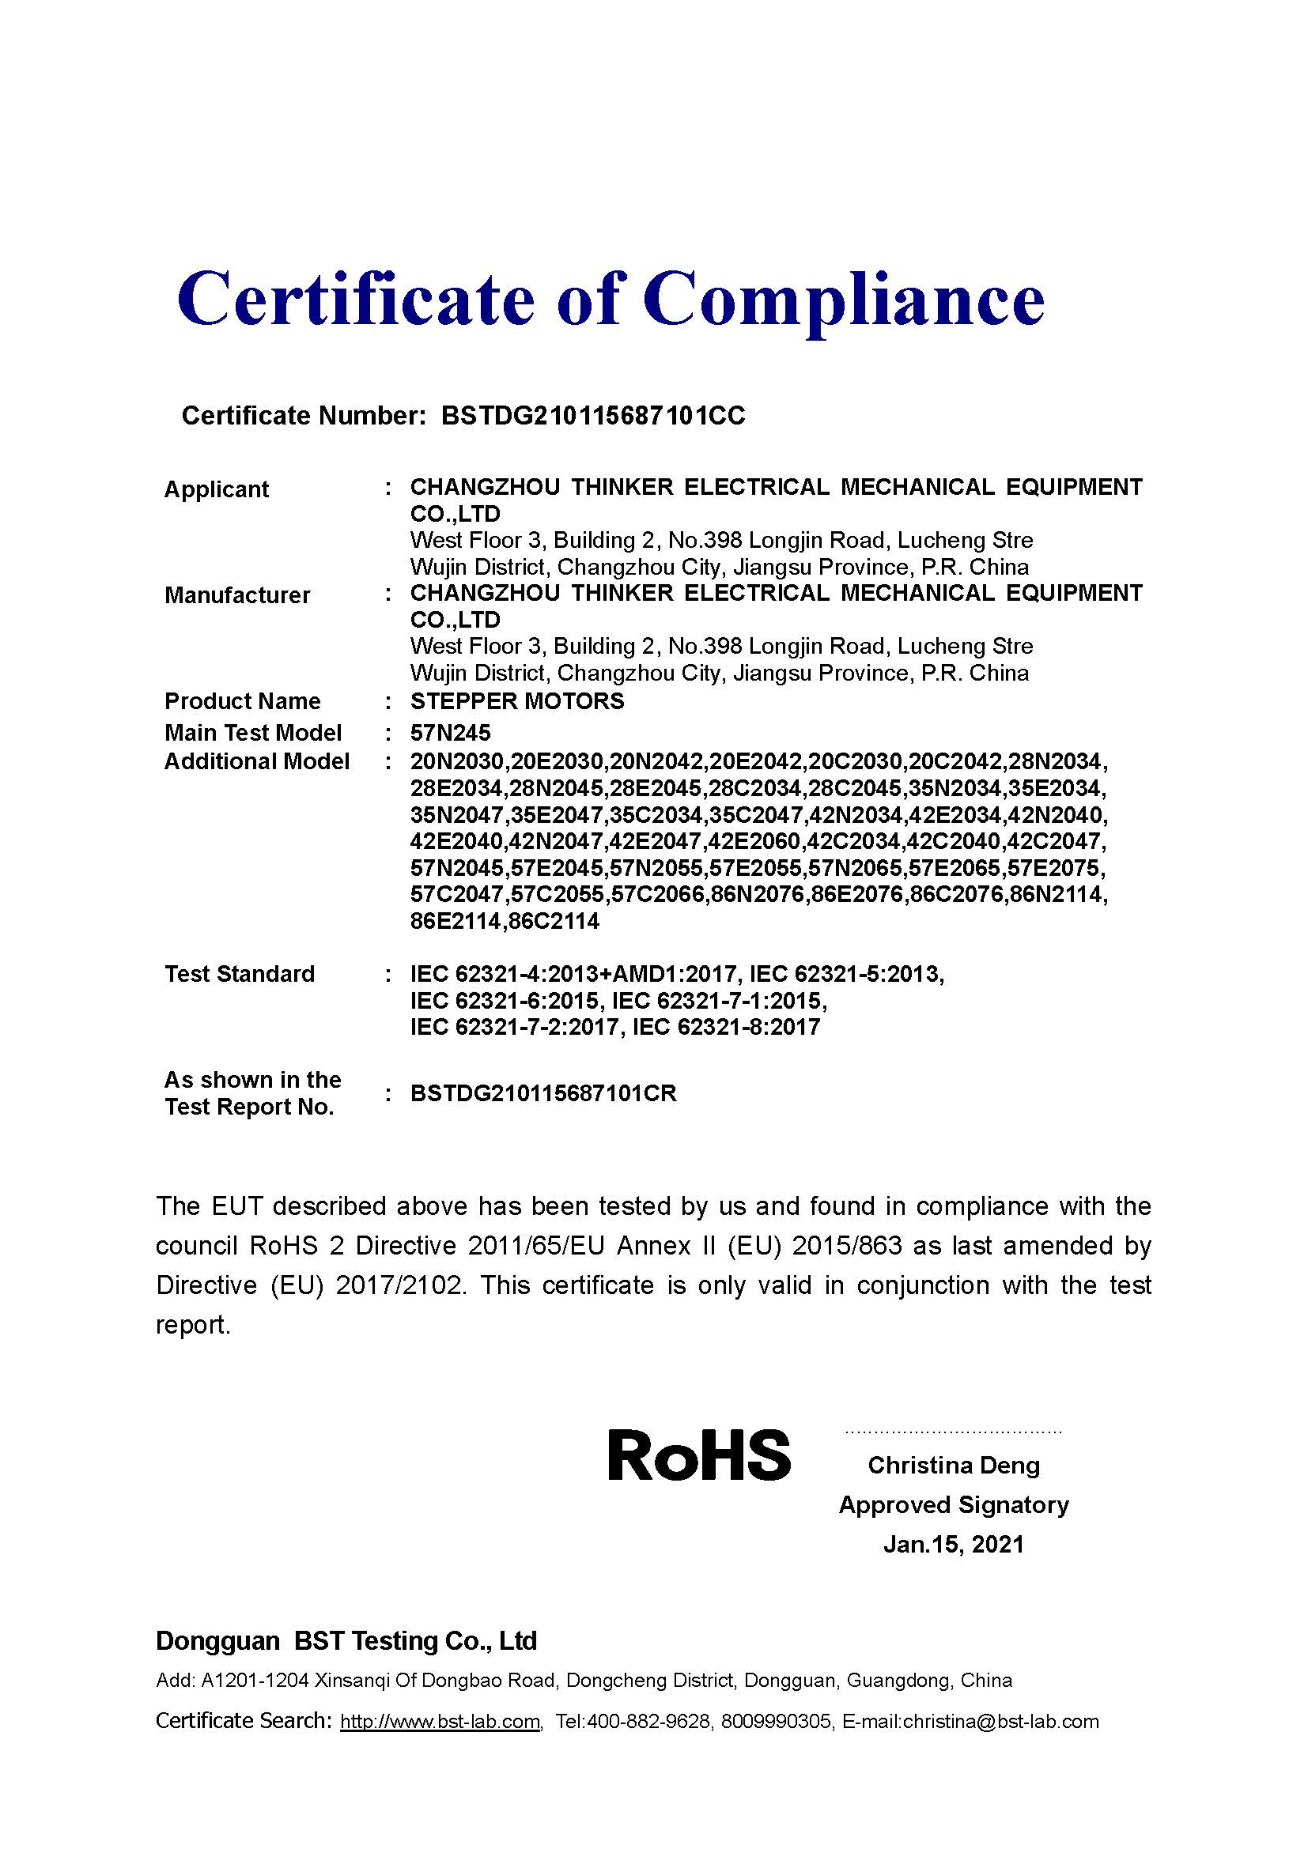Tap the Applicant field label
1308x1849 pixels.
point(216,489)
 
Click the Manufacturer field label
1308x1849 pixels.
point(236,595)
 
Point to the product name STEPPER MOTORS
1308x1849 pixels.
point(517,700)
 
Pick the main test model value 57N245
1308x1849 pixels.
point(450,733)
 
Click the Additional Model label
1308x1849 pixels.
point(257,761)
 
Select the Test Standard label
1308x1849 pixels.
point(239,974)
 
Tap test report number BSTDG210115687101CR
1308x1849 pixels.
point(542,1092)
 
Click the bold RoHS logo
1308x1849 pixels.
point(698,1456)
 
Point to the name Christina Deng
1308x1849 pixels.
point(954,1465)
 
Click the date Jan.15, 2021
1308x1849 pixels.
point(954,1544)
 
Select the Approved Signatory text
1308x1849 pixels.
point(954,1504)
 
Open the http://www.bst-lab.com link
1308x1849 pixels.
point(440,1722)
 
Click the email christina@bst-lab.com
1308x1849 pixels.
point(1000,1722)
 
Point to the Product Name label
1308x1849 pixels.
point(243,700)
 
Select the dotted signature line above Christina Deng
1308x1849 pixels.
point(954,1432)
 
